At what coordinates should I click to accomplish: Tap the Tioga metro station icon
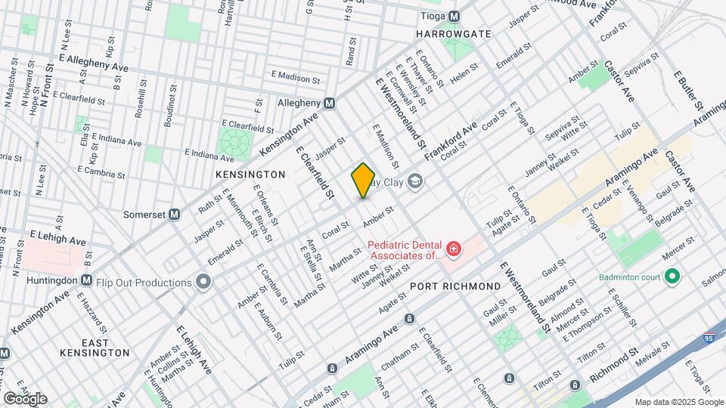[x=454, y=16]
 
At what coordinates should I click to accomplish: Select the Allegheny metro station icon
[x=330, y=103]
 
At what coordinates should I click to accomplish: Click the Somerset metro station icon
[x=175, y=214]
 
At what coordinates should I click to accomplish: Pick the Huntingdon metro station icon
[x=86, y=280]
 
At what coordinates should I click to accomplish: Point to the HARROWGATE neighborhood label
[x=454, y=34]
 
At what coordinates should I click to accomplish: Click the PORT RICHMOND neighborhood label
[x=455, y=286]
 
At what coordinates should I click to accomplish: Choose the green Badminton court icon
[x=671, y=277]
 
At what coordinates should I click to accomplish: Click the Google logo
[x=25, y=398]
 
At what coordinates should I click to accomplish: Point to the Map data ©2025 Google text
[x=678, y=401]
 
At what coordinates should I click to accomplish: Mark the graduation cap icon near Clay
[x=414, y=181]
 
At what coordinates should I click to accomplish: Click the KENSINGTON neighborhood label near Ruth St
[x=250, y=175]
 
